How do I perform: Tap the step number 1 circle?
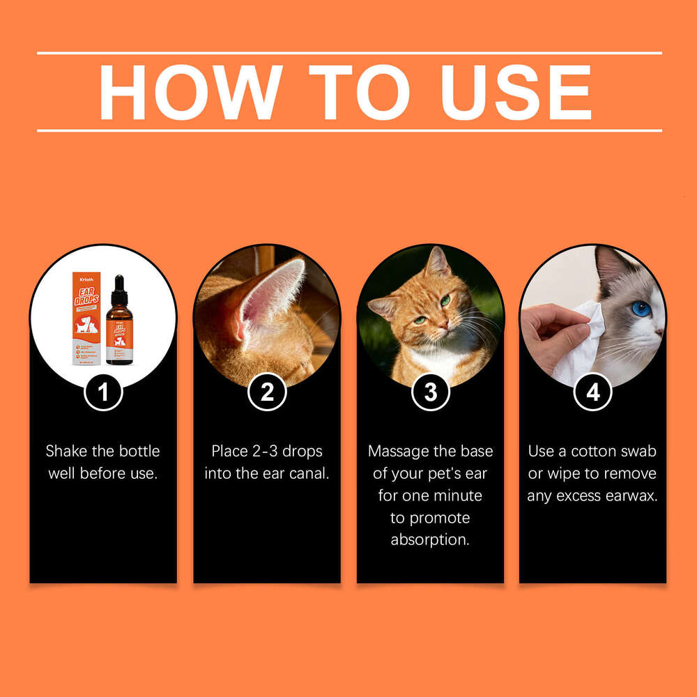coord(103,392)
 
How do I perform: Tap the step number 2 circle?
coord(267,392)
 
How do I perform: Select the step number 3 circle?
coord(430,392)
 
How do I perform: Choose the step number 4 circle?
coord(593,392)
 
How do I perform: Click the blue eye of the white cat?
coord(641,308)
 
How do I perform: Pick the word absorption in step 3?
coord(430,540)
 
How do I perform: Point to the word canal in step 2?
coord(309,473)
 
